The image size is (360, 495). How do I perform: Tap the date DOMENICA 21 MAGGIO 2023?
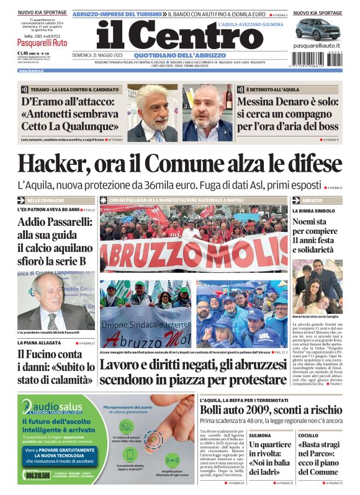coord(102,56)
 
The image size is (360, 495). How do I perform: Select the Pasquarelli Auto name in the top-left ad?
coord(42,43)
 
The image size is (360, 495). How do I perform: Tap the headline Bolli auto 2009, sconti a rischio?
coord(270,410)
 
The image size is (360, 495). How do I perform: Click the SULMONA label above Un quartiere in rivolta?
coord(259,435)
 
